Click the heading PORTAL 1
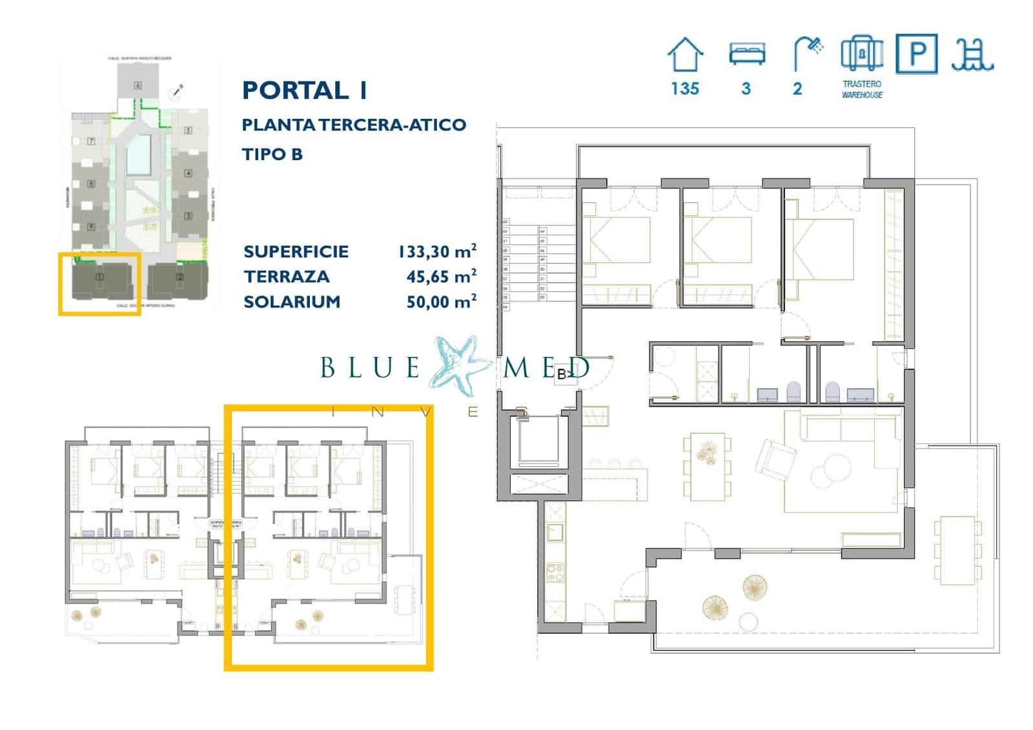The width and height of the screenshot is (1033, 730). [x=304, y=90]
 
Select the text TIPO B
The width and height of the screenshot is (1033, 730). [x=272, y=154]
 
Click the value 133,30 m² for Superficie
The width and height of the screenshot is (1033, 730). [x=437, y=251]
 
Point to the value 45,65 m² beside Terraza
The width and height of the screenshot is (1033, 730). [x=441, y=276]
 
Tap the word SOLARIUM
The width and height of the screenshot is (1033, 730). [x=292, y=301]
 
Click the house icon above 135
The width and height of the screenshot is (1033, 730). [x=684, y=54]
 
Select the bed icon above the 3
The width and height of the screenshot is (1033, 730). [x=746, y=54]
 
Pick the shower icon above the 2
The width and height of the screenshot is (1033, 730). [x=807, y=53]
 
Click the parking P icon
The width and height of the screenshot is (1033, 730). [x=916, y=54]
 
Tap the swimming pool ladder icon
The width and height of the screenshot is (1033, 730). [x=972, y=54]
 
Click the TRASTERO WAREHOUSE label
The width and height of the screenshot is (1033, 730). [x=862, y=89]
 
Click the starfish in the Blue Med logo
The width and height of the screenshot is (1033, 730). [x=464, y=365]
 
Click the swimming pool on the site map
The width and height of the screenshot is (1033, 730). [x=138, y=155]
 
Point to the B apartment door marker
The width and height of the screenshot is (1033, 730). [x=564, y=374]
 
